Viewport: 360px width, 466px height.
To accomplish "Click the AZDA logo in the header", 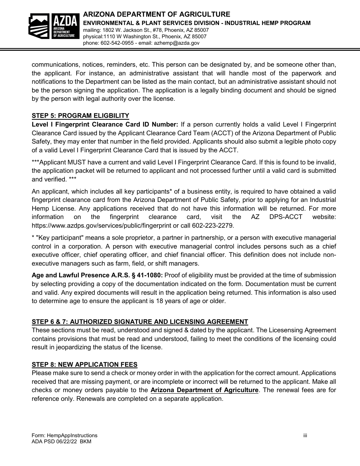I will [54, 26].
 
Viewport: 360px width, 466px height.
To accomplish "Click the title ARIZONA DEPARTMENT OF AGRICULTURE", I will [157, 14].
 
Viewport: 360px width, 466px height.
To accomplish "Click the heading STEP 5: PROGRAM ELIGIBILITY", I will [80, 116].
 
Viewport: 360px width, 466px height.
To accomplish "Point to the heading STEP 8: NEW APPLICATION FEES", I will [85, 364].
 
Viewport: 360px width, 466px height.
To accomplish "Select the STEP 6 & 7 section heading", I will [140, 322].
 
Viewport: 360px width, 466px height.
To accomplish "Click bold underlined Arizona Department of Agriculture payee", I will [204, 390].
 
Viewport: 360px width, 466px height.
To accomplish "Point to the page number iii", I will [305, 435].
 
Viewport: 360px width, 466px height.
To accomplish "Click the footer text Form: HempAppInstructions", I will [64, 435].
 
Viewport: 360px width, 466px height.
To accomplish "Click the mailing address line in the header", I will [146, 30].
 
